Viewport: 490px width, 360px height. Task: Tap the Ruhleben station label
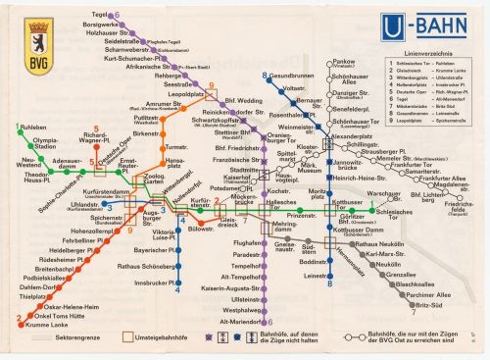coord(33,154)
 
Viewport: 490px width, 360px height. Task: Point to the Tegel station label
coord(99,15)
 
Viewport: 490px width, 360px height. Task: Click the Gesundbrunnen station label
coord(293,76)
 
